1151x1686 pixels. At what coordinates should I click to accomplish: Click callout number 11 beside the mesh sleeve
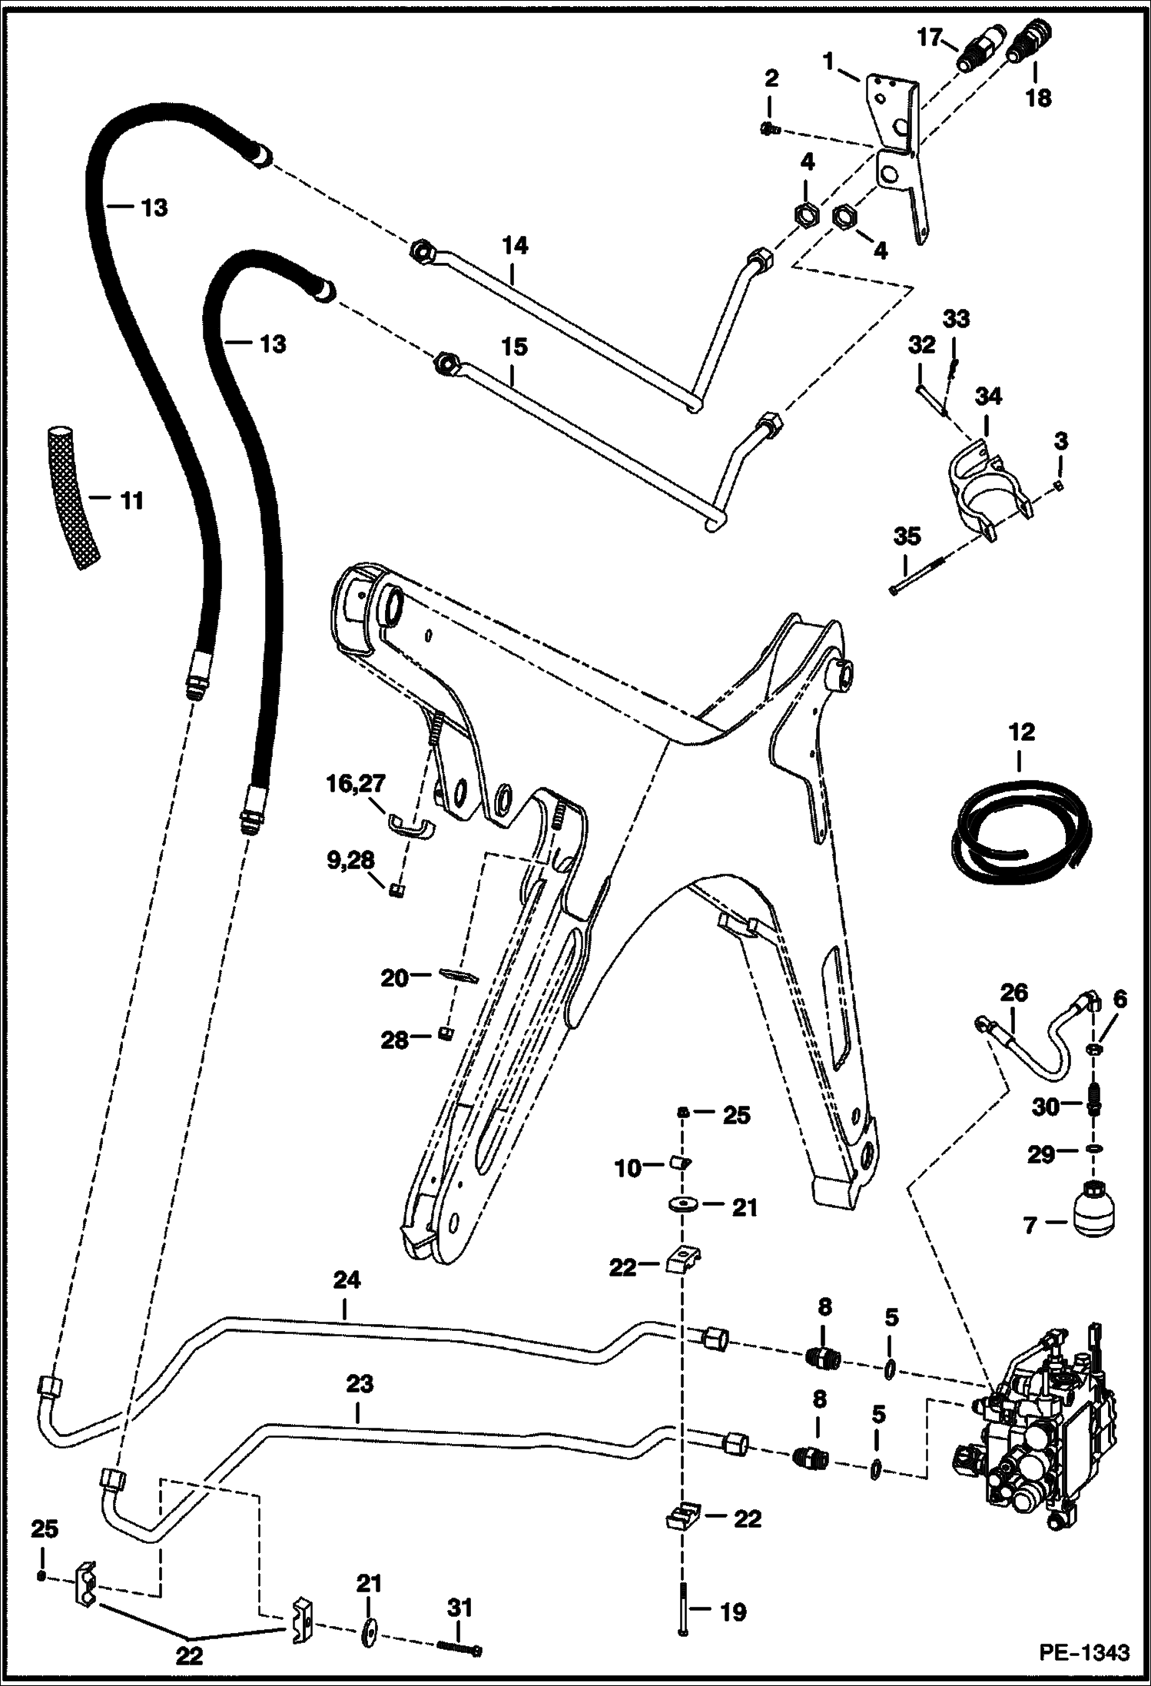131,502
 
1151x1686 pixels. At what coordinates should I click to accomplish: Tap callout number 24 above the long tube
347,1281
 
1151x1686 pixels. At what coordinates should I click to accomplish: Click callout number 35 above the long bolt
907,536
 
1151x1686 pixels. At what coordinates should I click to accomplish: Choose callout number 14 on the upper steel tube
515,247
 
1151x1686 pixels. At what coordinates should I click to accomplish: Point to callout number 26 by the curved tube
1013,993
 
